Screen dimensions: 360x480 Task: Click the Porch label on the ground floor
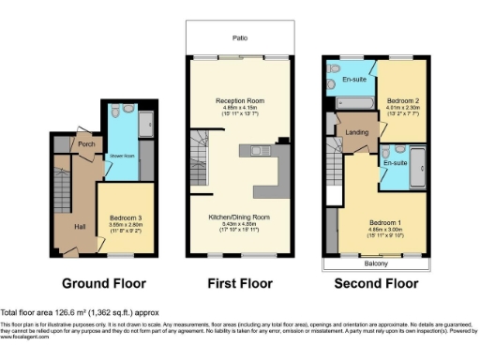86,144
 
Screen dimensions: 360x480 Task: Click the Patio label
241,38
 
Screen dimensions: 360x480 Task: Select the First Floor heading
240,283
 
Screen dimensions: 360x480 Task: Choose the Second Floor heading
377,283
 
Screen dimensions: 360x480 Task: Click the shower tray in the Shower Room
145,123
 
